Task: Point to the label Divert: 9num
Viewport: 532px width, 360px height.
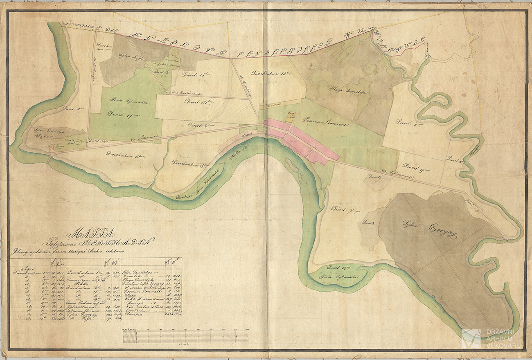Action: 415,166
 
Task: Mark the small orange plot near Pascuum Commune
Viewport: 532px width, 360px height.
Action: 291,116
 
